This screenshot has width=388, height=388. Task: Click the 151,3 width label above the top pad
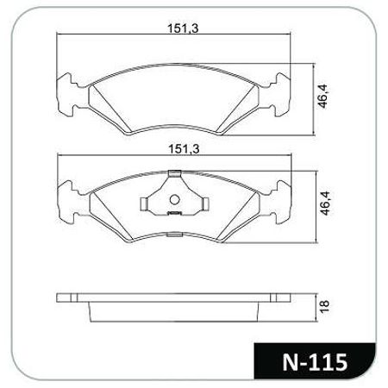click(183, 28)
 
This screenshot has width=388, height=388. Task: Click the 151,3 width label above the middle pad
click(184, 149)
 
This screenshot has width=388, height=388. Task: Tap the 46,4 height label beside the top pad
click(322, 97)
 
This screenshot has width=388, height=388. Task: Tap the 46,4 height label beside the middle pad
click(326, 203)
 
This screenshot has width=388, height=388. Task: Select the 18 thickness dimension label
click(324, 307)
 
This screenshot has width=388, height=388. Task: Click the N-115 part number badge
click(315, 362)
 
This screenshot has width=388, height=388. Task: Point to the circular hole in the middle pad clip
click(174, 199)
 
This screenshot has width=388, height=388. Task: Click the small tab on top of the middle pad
click(174, 173)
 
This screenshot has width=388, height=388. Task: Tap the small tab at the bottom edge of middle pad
click(174, 235)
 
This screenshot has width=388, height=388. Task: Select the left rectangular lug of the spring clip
click(144, 204)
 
